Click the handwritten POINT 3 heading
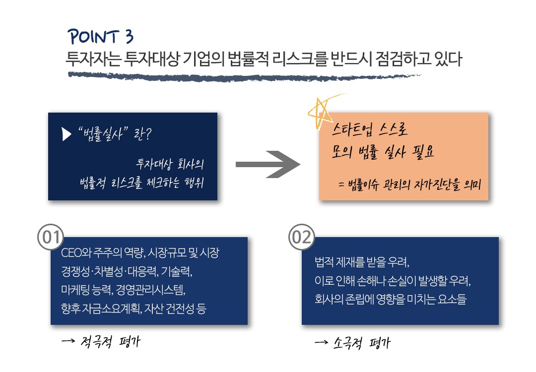click(x=100, y=37)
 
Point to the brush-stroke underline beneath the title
click(x=244, y=76)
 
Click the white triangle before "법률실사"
click(x=67, y=134)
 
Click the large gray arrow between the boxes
click(x=268, y=164)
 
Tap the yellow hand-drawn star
click(x=321, y=111)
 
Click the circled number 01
click(x=51, y=237)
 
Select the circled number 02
click(x=302, y=237)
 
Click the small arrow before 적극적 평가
click(x=68, y=341)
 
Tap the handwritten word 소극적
click(x=347, y=343)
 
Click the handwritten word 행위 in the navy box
click(x=194, y=183)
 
